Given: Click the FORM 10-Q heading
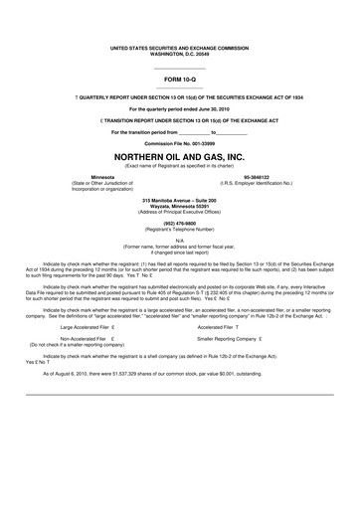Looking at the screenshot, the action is [x=180, y=77].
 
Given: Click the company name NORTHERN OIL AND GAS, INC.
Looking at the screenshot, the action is [x=180, y=157].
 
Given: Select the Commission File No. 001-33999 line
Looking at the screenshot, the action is [x=180, y=143].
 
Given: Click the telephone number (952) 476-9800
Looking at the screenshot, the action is [x=180, y=223].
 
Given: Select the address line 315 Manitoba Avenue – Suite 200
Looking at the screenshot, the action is [x=180, y=200].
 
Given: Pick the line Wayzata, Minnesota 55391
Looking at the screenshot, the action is [x=180, y=206].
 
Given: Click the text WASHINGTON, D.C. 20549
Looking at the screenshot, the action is [x=180, y=52].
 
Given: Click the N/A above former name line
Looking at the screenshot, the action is [x=180, y=241].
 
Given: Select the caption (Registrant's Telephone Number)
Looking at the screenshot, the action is [x=180, y=229].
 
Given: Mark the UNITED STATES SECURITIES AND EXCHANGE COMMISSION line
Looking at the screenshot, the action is [x=180, y=46].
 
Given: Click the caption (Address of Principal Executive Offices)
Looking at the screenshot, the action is [x=180, y=212].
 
